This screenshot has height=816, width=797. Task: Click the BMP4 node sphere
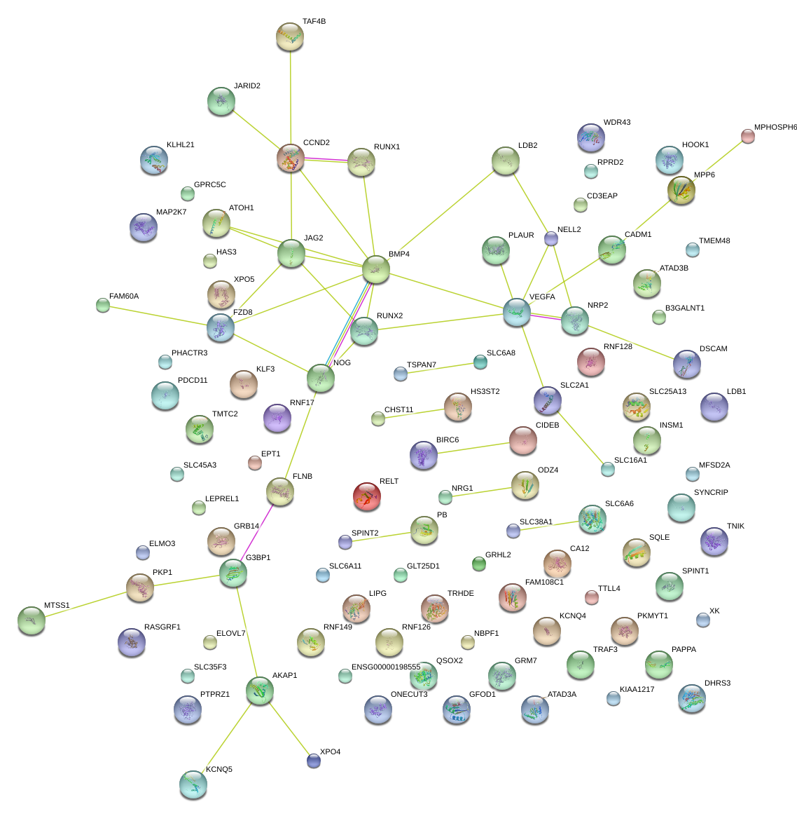376,269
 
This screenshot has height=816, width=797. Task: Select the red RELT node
367,496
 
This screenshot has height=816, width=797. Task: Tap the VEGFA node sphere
517,312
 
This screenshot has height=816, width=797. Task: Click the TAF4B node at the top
290,36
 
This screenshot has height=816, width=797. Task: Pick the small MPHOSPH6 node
748,136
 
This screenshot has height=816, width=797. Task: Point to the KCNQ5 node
193,784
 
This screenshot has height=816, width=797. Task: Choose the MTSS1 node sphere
32,620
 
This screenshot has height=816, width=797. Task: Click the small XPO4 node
314,760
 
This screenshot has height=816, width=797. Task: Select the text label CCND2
317,143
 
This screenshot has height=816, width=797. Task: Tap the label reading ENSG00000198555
386,667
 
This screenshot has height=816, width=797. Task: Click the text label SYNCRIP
711,493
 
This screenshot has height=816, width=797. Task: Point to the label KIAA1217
637,690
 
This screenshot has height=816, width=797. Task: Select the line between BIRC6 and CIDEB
473,448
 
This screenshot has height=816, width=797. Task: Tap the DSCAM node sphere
686,364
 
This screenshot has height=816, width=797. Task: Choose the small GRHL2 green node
479,564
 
